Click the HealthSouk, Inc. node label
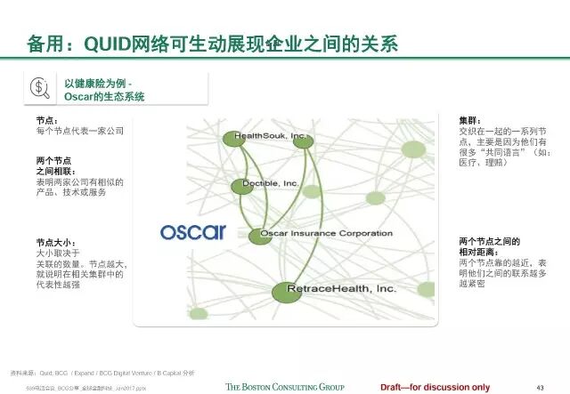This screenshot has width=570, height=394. pos(271,138)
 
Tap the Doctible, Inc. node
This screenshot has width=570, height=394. pos(242,186)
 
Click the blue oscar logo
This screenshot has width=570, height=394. pos(193,232)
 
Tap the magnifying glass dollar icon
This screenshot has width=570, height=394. pos(41,88)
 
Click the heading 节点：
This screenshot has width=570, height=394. pos(47,119)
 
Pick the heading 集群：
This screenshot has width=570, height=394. pos(469,119)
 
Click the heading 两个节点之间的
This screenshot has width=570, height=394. pos(489,242)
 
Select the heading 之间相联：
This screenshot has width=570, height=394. pos(56,170)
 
